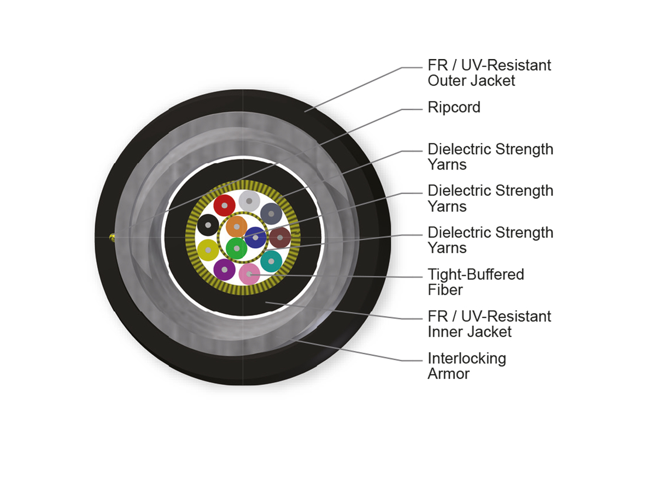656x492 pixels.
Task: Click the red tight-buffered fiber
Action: tap(224, 205)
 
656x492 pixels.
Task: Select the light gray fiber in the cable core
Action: tap(249, 201)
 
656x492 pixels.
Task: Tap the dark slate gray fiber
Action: tap(271, 213)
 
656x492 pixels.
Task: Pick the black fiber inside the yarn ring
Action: tap(208, 225)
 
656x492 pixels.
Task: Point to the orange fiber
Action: tap(237, 226)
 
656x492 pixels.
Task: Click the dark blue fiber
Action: tap(255, 237)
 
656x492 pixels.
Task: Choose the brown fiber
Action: tap(280, 237)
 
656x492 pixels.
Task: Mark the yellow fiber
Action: tap(208, 250)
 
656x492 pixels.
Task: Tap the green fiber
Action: tap(236, 248)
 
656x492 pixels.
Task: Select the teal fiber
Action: tap(271, 261)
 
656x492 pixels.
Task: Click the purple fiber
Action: tap(224, 269)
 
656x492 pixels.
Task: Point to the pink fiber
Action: tap(249, 273)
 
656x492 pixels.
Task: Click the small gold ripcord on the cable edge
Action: tap(112, 237)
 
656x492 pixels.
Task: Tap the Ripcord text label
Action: tap(454, 107)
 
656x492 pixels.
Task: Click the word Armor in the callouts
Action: tap(448, 374)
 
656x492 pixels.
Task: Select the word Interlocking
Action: tap(467, 359)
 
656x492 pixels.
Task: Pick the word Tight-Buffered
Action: tap(476, 274)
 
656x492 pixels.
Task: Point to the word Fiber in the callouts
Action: tap(446, 290)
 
